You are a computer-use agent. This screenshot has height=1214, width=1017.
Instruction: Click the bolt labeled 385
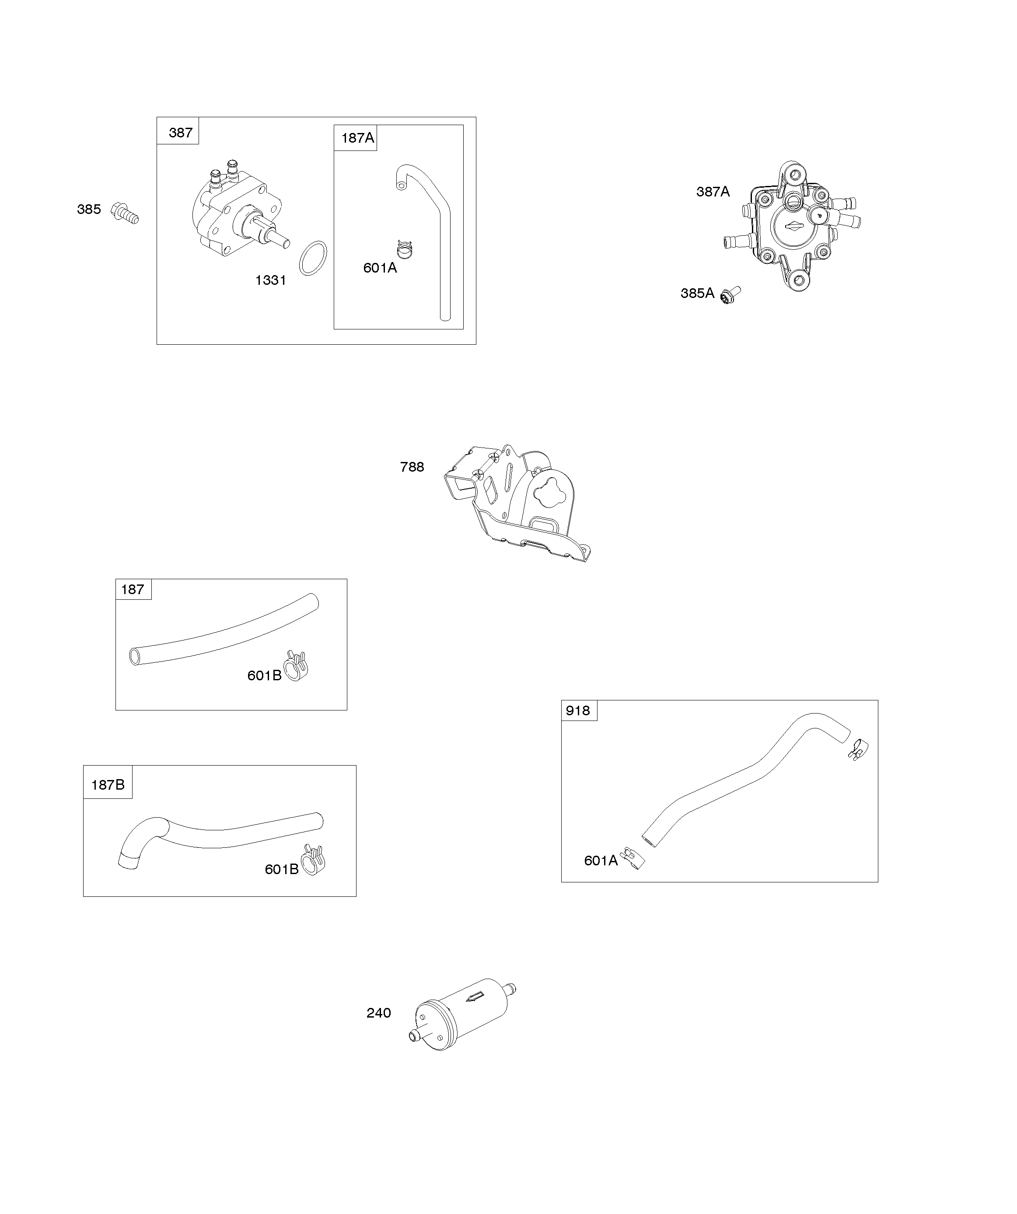(126, 213)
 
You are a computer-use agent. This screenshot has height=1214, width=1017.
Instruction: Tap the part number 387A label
(713, 192)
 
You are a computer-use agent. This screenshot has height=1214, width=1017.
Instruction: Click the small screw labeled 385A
(730, 295)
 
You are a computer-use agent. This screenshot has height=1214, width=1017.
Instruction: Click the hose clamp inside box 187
(296, 665)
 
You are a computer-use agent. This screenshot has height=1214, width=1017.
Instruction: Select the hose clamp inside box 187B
(313, 860)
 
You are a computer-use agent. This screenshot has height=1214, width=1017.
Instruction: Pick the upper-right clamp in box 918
(859, 749)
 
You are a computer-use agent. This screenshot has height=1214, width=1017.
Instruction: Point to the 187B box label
(108, 784)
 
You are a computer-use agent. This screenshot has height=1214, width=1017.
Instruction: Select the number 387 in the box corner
(180, 133)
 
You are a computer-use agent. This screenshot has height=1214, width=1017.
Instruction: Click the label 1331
(271, 280)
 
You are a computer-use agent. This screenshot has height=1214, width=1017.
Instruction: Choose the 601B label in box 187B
(282, 869)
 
